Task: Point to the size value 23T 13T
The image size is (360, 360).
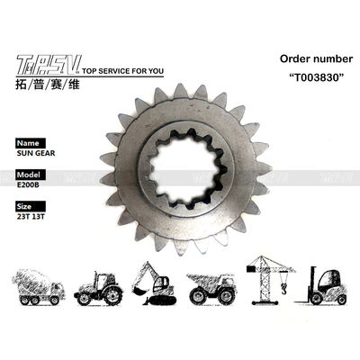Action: click(29, 216)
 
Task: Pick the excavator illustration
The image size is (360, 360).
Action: click(153, 283)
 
